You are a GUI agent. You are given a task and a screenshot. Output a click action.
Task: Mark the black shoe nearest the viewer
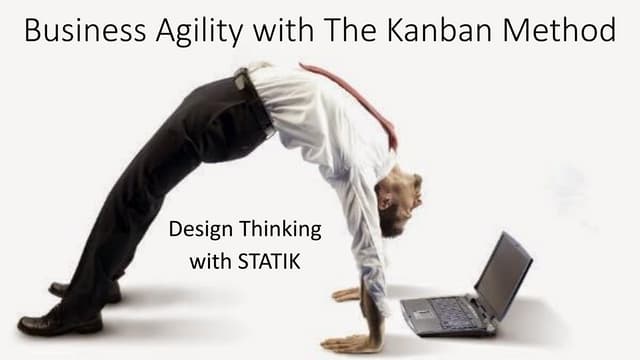pos(60,322)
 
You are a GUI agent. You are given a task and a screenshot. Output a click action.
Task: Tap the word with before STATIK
pos(208,263)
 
